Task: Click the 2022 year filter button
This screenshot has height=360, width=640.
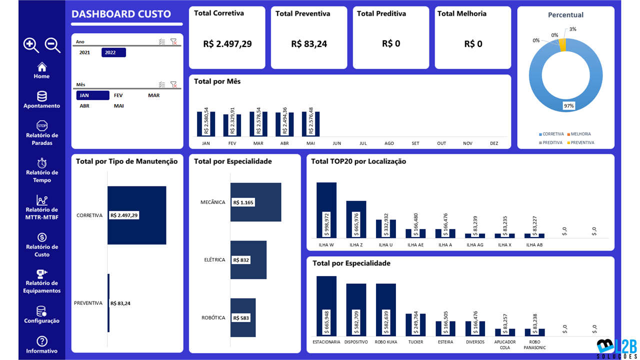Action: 113,52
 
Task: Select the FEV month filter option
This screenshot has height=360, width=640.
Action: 118,95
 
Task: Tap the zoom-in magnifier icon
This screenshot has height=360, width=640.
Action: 31,45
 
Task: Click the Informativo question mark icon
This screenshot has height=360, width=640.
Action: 42,341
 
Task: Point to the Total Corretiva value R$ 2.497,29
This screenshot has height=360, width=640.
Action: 227,44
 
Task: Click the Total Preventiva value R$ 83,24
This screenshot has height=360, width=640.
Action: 309,44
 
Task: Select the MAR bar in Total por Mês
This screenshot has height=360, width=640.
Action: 258,124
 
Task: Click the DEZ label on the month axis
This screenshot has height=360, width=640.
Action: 494,143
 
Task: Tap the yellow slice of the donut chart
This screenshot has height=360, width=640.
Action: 563,45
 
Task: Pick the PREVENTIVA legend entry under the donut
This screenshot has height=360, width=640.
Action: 583,142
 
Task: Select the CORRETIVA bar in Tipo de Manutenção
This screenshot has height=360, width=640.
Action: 136,215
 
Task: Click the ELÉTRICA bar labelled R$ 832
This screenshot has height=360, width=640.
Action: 248,260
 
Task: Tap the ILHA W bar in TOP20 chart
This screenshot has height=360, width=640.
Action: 326,210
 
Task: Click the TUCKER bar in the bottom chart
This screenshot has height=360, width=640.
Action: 415,325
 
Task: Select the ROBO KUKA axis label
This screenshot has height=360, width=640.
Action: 386,342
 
